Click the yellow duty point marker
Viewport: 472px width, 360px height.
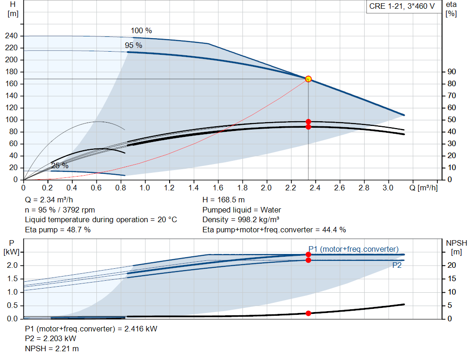308,79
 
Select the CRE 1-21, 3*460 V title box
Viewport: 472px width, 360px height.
402,6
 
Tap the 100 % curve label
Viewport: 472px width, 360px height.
141,31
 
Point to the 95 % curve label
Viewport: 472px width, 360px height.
134,46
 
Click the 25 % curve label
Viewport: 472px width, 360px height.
59,165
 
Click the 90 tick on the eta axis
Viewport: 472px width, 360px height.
451,72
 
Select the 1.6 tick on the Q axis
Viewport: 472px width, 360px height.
218,188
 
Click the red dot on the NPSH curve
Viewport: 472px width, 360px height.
308,313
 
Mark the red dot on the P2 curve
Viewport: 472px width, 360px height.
308,260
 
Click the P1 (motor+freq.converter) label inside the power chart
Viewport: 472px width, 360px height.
354,249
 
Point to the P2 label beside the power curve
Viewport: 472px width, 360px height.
397,265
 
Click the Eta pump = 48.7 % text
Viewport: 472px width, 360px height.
58,230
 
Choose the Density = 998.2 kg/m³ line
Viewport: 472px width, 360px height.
241,219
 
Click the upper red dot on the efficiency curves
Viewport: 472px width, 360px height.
308,122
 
